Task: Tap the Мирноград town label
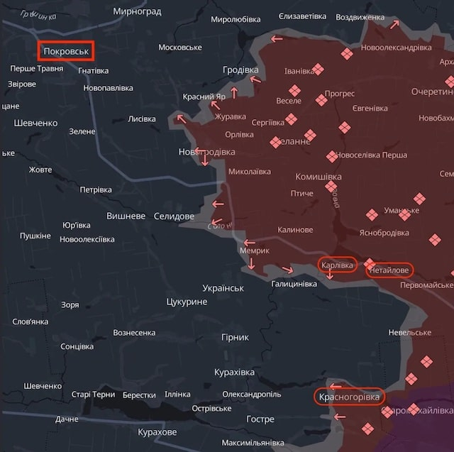[137, 12]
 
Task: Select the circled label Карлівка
[337, 265]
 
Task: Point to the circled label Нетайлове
[389, 270]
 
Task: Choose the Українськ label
[223, 288]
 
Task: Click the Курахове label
[157, 431]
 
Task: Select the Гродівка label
[240, 70]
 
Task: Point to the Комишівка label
[319, 177]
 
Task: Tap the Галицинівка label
[294, 284]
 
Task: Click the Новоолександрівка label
[396, 48]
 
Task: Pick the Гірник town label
[235, 337]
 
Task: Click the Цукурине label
[186, 302]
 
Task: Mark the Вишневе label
[126, 216]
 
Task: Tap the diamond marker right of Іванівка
[319, 69]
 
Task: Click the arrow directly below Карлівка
[330, 275]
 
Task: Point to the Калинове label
[295, 230]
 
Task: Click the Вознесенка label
[134, 333]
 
